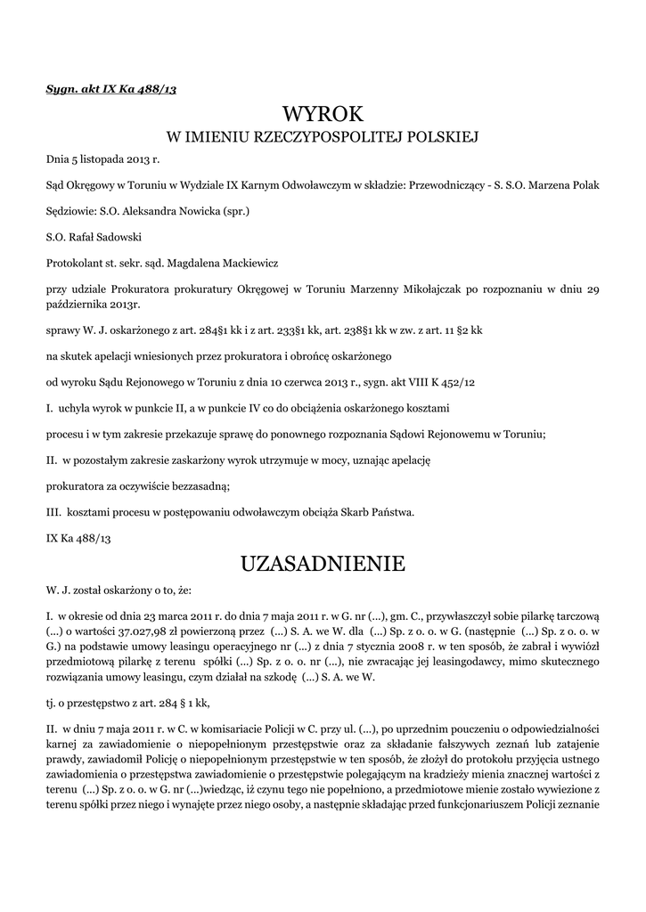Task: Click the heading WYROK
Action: (x=323, y=114)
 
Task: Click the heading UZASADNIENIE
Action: (x=323, y=563)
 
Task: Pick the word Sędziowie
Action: (x=73, y=212)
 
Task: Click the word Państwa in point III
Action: (x=392, y=511)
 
